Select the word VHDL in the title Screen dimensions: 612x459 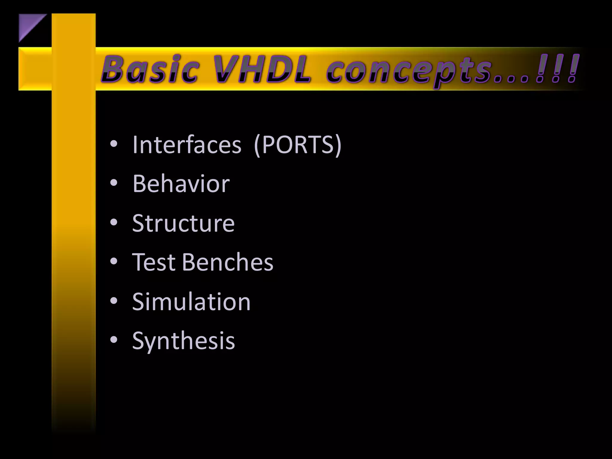[x=262, y=69]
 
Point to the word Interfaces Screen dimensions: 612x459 [x=187, y=145]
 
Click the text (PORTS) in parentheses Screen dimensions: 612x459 [x=297, y=145]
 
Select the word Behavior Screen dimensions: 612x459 [x=181, y=183]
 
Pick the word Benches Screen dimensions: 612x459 [x=227, y=262]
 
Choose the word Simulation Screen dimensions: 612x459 [x=191, y=302]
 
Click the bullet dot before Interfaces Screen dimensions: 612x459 [x=114, y=144]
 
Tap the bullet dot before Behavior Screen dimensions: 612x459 [x=114, y=183]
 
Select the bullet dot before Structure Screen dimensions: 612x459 [x=114, y=222]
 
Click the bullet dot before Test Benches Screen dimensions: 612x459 [x=114, y=261]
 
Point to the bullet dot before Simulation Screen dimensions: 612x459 [x=114, y=301]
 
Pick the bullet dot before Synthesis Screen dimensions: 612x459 [x=114, y=340]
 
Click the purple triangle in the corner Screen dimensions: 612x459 [x=28, y=24]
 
